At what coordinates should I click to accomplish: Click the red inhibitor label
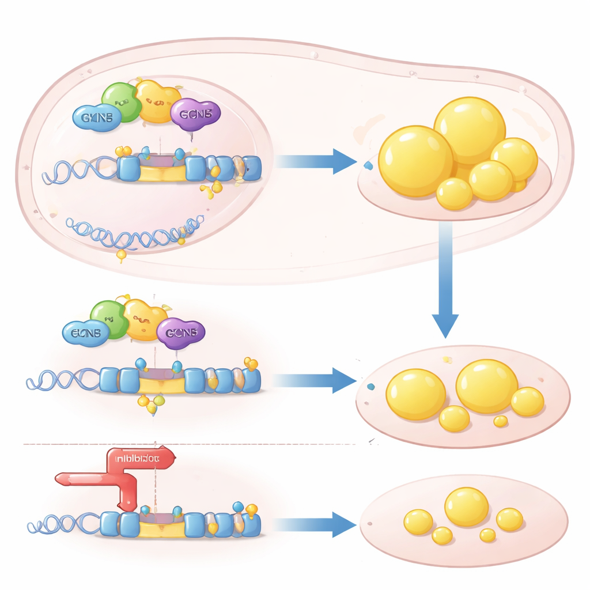point(141,459)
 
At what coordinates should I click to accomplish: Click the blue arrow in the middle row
point(315,381)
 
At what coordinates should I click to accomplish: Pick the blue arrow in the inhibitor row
point(315,525)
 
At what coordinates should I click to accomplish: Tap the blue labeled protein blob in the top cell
point(97,118)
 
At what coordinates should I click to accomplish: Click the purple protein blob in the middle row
point(181,333)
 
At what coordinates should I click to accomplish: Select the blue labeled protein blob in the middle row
point(86,333)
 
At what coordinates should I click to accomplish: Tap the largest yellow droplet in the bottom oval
point(467,506)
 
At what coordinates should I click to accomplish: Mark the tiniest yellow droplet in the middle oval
point(501,421)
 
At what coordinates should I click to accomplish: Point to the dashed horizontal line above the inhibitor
point(190,444)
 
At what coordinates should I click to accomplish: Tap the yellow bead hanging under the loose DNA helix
point(122,254)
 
